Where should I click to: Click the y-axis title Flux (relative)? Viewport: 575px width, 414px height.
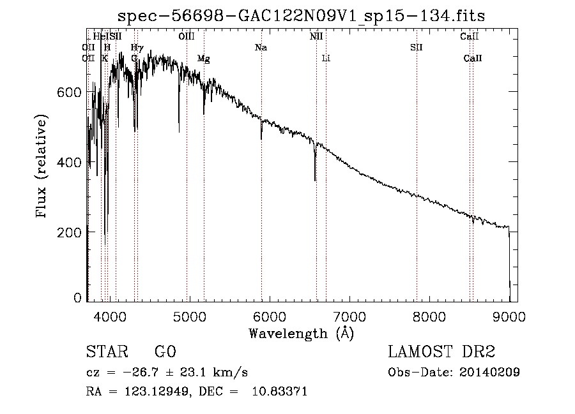42,168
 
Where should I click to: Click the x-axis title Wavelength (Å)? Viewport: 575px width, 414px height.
301,333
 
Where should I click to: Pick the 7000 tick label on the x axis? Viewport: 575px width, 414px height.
349,315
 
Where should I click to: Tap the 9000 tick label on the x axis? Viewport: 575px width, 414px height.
509,315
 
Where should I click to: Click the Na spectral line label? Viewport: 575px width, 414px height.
261,48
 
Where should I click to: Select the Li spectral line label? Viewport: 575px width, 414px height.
326,59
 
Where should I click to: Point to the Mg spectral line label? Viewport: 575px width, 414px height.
203,59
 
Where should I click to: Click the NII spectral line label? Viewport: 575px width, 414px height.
316,37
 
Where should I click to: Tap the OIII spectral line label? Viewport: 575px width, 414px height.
187,37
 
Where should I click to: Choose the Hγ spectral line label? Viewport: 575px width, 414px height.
137,48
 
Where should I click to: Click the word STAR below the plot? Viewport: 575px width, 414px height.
107,352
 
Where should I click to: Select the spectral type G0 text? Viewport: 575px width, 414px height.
165,352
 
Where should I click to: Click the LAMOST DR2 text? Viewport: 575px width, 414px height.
441,352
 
